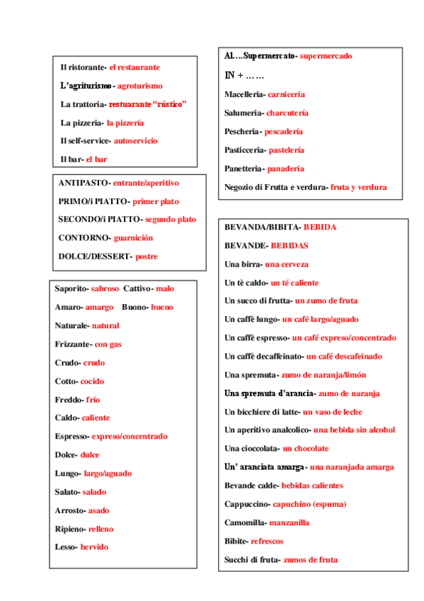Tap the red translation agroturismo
[x=139, y=86]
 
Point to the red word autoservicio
[x=135, y=141]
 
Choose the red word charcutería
[x=287, y=113]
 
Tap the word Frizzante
[x=72, y=344]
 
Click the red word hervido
[x=94, y=547]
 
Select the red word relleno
[x=101, y=529]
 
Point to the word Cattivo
[x=137, y=288]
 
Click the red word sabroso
[x=105, y=288]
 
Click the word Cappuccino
[x=246, y=504]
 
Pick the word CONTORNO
[x=84, y=238]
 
